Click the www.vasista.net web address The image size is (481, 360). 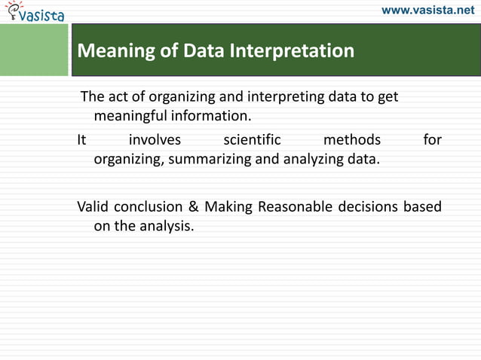428,11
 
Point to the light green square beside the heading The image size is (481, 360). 33,50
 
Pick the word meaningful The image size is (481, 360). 130,117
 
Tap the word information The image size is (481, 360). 210,117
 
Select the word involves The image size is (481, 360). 155,139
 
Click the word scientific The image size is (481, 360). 252,139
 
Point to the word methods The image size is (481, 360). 351,139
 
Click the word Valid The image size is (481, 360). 93,206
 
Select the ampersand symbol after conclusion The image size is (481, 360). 193,206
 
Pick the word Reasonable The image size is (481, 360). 295,206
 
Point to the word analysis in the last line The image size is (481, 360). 166,226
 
